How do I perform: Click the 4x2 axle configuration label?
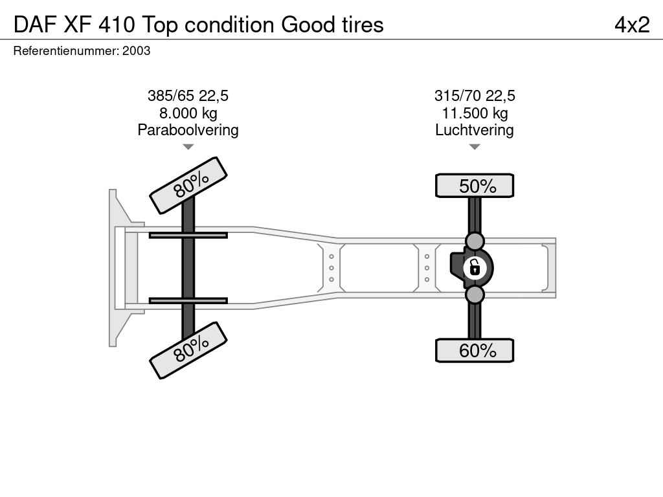coord(632,25)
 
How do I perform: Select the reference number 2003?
coord(137,50)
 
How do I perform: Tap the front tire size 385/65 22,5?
coord(188,96)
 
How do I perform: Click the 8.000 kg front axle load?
coord(188,113)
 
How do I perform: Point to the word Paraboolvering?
coord(188,130)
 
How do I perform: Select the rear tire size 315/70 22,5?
coord(475,96)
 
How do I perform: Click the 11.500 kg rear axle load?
coord(475,113)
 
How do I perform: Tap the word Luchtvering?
coord(475,130)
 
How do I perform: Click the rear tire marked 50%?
coord(475,186)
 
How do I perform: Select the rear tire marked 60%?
coord(475,351)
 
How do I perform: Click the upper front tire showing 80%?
coord(188,185)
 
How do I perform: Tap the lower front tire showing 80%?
coord(188,350)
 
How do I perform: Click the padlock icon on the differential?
coord(475,267)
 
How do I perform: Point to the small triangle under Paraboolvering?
coord(188,147)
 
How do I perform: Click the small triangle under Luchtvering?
coord(475,147)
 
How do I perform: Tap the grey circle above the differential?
coord(475,241)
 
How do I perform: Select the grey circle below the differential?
coord(475,295)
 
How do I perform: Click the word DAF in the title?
coord(34,25)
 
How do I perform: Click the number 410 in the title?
coord(117,25)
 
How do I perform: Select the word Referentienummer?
coord(65,50)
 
